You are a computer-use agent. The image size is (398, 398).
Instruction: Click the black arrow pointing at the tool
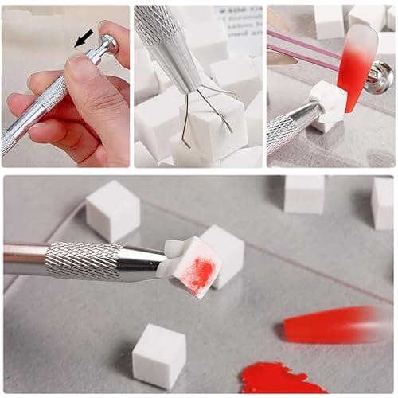tap(84, 37)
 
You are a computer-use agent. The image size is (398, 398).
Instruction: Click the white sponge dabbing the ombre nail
tap(328, 103)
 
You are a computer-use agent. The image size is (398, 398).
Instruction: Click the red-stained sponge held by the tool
tap(193, 269)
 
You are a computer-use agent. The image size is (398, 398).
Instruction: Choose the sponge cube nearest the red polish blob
tap(159, 354)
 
